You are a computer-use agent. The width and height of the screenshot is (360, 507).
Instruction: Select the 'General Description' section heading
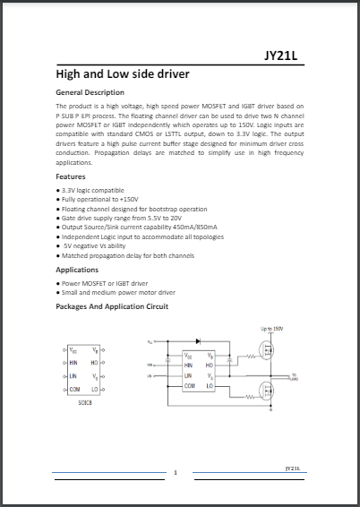pos(90,93)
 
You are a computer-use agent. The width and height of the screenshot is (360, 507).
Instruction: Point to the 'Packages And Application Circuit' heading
pos(112,306)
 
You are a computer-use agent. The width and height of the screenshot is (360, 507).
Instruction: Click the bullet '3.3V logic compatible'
pos(94,191)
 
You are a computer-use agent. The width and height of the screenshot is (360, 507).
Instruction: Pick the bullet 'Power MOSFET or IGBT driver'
pos(105,283)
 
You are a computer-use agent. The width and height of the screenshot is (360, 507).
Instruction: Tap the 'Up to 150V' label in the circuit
pos(272,329)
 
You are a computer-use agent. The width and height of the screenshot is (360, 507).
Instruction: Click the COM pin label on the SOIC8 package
pos(75,390)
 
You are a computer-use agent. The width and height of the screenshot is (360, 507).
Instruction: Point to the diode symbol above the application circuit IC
pos(196,342)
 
